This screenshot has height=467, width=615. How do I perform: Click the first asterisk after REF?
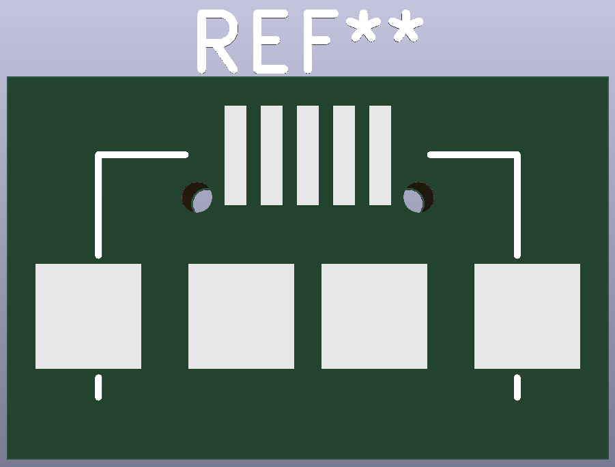click(x=362, y=31)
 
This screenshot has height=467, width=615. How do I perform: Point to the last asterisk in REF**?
click(x=404, y=31)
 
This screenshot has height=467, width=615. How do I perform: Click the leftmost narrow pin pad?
click(x=235, y=155)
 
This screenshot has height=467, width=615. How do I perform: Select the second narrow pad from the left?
click(x=272, y=155)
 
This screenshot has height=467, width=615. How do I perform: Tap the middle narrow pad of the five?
click(x=308, y=155)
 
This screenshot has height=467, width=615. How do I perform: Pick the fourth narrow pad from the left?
click(x=344, y=155)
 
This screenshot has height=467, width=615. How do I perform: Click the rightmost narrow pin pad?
click(x=380, y=155)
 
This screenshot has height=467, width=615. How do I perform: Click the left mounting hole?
click(x=197, y=198)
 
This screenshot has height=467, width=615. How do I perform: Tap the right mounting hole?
click(x=418, y=198)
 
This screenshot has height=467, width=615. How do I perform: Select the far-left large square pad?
click(x=88, y=316)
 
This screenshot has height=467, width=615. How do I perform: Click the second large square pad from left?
click(x=241, y=316)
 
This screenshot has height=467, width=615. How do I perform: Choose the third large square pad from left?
click(x=374, y=316)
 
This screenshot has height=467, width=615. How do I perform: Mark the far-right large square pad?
click(x=527, y=316)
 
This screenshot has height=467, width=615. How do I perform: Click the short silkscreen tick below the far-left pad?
click(x=98, y=387)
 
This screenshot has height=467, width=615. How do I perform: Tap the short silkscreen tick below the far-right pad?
click(x=517, y=387)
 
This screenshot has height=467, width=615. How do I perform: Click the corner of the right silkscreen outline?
click(x=516, y=156)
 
